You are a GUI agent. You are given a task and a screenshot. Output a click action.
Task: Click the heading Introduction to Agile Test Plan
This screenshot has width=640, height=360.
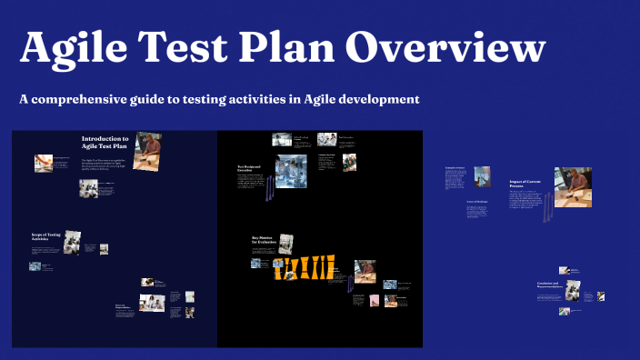point(105,143)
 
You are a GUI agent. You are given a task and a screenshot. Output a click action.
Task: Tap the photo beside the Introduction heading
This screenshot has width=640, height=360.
point(148,150)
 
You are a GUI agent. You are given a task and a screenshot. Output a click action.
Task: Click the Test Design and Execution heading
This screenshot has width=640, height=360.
point(249,169)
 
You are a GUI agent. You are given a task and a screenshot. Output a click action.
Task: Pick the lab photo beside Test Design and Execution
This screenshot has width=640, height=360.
point(291,172)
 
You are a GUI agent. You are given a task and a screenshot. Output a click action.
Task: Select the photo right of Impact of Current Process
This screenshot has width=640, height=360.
point(573,186)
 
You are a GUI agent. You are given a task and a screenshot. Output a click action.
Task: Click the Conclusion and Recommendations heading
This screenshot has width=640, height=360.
point(552,286)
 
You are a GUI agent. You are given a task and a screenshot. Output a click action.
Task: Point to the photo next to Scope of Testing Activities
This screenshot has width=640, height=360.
point(72,241)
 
